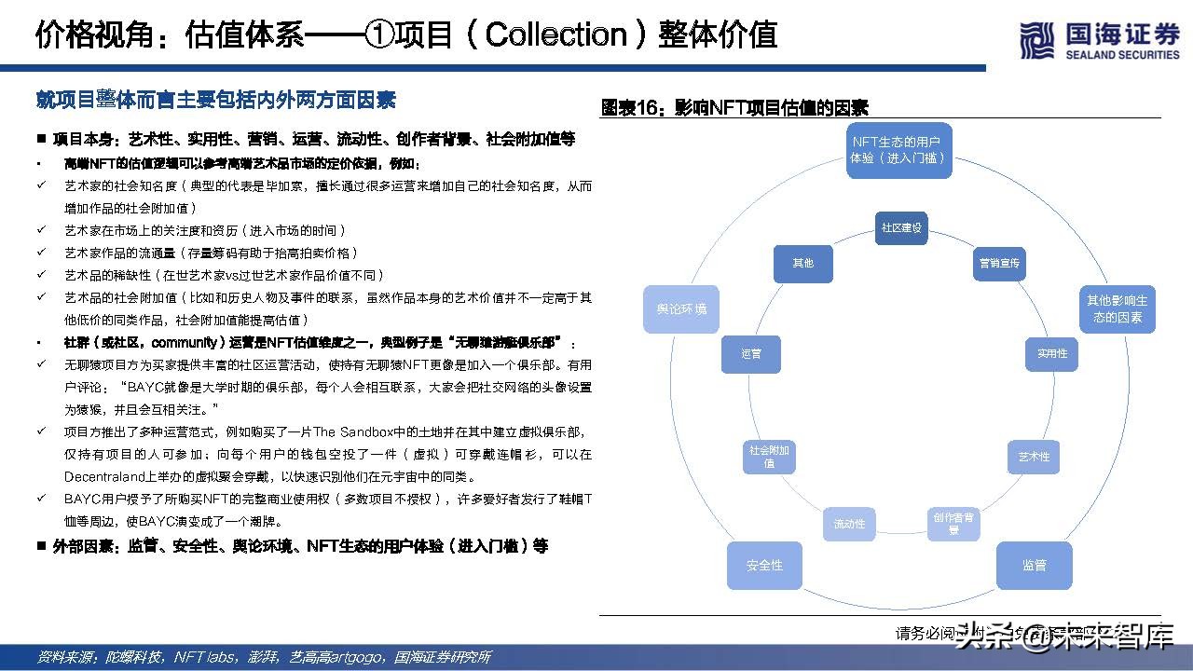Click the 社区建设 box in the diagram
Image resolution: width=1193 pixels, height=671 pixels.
tap(901, 228)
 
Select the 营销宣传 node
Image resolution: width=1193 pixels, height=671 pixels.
tap(999, 264)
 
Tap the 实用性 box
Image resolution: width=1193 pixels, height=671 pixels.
tap(1052, 354)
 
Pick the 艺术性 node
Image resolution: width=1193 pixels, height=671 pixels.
tap(1034, 457)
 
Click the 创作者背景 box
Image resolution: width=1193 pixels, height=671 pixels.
tap(953, 523)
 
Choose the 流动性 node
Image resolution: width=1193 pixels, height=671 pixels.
tap(849, 524)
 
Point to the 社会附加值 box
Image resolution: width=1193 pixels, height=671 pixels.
tap(770, 457)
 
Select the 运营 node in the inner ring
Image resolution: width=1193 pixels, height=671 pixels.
tap(750, 354)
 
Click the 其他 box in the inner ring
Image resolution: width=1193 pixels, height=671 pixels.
tap(802, 264)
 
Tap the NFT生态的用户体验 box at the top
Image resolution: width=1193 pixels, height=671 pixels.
tap(898, 150)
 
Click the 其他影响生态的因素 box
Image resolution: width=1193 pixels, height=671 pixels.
tap(1118, 309)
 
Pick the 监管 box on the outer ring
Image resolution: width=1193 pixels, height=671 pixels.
tap(1034, 565)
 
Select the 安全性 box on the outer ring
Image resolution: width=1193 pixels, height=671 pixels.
tap(764, 565)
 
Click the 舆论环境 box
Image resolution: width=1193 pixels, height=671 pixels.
tap(675, 309)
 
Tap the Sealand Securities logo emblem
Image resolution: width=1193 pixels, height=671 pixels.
tap(1036, 41)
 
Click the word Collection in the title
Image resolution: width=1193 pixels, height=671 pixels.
tap(556, 34)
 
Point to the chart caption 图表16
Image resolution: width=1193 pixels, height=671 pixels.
tap(631, 108)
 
